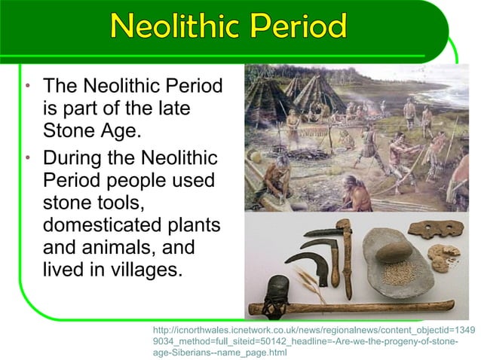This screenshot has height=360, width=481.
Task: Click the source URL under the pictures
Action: tap(314, 340)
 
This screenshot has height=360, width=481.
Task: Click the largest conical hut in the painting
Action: tap(267, 98)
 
